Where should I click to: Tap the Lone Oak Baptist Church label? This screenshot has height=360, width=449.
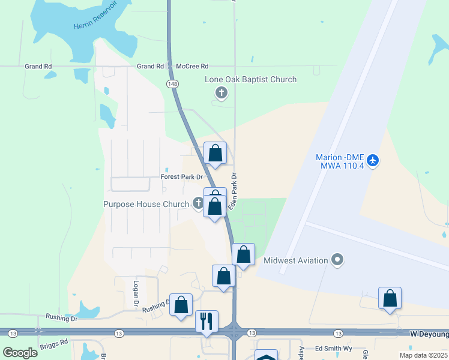pyautogui.click(x=251, y=79)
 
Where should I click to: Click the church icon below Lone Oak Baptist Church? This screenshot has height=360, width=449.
pyautogui.click(x=221, y=93)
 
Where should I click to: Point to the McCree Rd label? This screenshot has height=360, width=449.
pyautogui.click(x=192, y=66)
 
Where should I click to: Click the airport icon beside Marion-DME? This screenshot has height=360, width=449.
pyautogui.click(x=373, y=160)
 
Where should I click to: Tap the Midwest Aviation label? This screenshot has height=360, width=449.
pyautogui.click(x=296, y=260)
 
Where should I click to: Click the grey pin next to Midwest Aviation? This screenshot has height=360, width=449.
pyautogui.click(x=338, y=260)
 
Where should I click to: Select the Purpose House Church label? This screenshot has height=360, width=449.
pyautogui.click(x=146, y=204)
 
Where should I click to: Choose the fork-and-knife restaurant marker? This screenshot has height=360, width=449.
pyautogui.click(x=206, y=320)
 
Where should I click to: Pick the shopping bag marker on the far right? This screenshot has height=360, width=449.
pyautogui.click(x=390, y=298)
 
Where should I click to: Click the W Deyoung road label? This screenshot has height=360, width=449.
pyautogui.click(x=429, y=333)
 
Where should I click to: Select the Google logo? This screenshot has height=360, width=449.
pyautogui.click(x=20, y=352)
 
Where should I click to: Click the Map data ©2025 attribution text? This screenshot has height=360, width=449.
pyautogui.click(x=424, y=355)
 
